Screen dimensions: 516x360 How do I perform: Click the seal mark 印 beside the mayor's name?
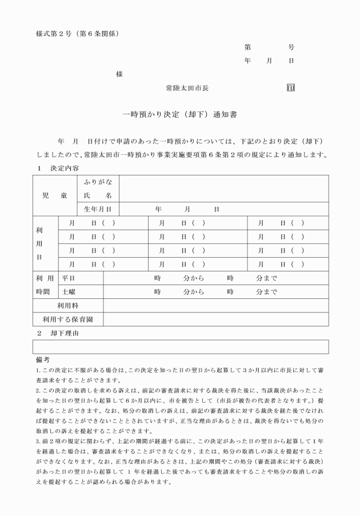tap(291, 89)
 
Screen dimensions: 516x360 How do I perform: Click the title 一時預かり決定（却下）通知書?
tap(180, 114)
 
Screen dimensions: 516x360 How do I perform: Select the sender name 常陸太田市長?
tap(187, 89)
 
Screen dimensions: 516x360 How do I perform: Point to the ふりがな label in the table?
tap(98, 182)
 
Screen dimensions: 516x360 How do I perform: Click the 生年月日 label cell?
tap(98, 209)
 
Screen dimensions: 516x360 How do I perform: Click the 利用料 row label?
tap(68, 306)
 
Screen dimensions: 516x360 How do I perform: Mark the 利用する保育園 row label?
tap(68, 319)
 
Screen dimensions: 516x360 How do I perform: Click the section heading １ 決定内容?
tap(57, 169)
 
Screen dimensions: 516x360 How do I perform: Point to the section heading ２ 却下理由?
tap(57, 333)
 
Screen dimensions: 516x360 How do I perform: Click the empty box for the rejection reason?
tap(181, 347)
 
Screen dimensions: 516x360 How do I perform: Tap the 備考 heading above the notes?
tap(42, 361)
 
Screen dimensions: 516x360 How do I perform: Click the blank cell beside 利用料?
tap(215, 306)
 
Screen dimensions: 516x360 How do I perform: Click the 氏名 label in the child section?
tap(98, 195)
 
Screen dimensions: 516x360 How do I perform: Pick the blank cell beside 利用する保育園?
tap(215, 319)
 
